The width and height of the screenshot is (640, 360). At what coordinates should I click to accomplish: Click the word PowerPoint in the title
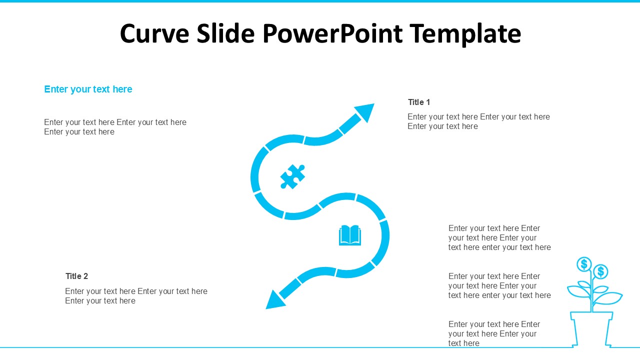[332, 34]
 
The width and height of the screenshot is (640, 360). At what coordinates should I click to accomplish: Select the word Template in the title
[465, 34]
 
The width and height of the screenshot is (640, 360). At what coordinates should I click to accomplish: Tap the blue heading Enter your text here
[88, 89]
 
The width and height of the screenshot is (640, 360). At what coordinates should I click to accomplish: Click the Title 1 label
[419, 102]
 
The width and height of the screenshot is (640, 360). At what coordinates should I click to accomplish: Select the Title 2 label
[76, 276]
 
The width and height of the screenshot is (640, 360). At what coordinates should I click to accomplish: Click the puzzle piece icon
[292, 176]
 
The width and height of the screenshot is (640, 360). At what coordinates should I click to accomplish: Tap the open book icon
[350, 235]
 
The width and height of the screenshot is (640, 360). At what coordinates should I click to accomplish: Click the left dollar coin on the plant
[584, 264]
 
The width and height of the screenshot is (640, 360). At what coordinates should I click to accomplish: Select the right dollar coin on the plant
[601, 271]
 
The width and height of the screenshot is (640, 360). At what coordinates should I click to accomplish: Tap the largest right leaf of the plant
[609, 298]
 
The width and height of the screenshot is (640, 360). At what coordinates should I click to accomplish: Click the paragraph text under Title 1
[478, 121]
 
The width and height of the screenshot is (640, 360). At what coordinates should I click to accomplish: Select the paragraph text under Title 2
[136, 296]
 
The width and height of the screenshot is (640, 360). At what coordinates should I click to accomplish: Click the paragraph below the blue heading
[115, 127]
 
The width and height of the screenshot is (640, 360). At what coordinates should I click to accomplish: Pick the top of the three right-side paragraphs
[499, 238]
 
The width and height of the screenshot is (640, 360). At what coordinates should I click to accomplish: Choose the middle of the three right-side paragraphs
[499, 286]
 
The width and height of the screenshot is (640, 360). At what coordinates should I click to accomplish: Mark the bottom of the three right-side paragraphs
[494, 333]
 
